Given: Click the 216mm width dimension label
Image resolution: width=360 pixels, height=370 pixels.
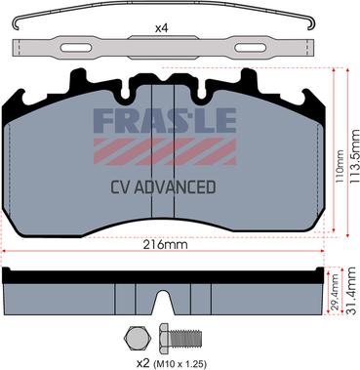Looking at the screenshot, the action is coord(165,244).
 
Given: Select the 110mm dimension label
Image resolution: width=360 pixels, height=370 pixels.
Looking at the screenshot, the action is coord(339,166).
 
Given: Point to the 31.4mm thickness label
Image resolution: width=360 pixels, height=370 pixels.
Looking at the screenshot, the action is coord(353,291).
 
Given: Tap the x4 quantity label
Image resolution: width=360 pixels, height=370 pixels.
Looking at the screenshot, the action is coord(161,28).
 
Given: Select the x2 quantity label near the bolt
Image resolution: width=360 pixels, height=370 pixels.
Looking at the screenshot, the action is coord(142,363).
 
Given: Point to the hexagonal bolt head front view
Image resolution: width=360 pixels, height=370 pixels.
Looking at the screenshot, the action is coord(137,338).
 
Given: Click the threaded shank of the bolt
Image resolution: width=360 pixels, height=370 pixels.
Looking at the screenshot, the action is coord(184,339).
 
